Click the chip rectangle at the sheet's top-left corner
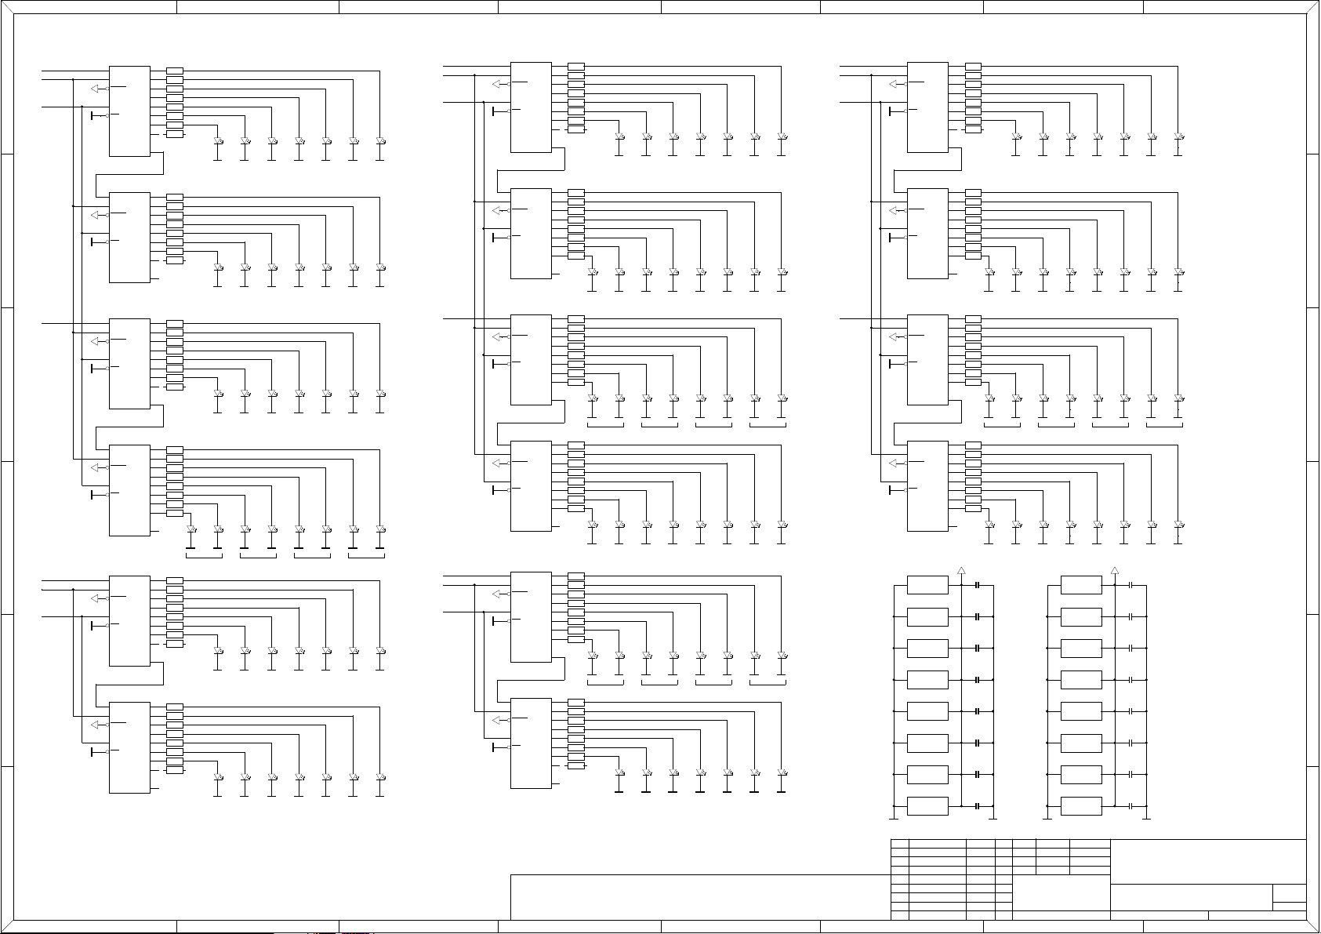point(129,111)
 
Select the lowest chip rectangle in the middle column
point(531,743)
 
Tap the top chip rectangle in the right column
point(927,107)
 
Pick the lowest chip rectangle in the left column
point(129,747)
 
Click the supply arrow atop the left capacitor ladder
point(961,570)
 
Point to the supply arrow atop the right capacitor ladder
point(1115,570)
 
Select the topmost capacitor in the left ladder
point(978,585)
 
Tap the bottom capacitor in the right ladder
point(1130,806)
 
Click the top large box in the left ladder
point(927,585)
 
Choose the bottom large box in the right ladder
point(1081,806)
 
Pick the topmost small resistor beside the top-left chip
point(175,71)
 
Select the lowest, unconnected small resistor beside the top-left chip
point(175,134)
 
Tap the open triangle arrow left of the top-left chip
point(98,89)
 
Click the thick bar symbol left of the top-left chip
point(93,116)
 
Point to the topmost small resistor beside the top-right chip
point(973,67)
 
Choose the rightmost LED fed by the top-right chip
point(1178,137)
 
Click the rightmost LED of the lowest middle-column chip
point(782,773)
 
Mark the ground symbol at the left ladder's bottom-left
point(895,819)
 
